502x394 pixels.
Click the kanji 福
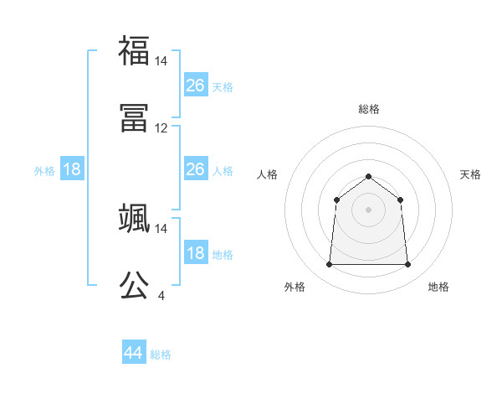134,49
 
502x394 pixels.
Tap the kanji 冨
134,117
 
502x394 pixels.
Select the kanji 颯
134,217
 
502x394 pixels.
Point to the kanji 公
134,285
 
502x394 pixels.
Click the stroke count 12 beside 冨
161,128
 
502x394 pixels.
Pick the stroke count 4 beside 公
161,295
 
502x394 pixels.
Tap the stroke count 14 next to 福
161,61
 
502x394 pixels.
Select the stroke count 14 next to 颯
161,228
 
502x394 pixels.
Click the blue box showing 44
133,353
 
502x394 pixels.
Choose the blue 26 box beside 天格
195,86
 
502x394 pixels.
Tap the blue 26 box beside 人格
195,169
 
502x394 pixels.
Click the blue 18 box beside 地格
195,253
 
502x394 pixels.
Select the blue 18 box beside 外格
72,169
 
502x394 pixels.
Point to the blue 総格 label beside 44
161,355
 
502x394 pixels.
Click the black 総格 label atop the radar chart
368,109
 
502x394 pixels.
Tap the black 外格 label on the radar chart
295,287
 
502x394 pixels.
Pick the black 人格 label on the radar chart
268,174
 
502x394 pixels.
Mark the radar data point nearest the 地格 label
407,265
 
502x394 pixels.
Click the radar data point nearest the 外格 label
329,265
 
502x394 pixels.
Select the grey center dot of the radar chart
368,210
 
